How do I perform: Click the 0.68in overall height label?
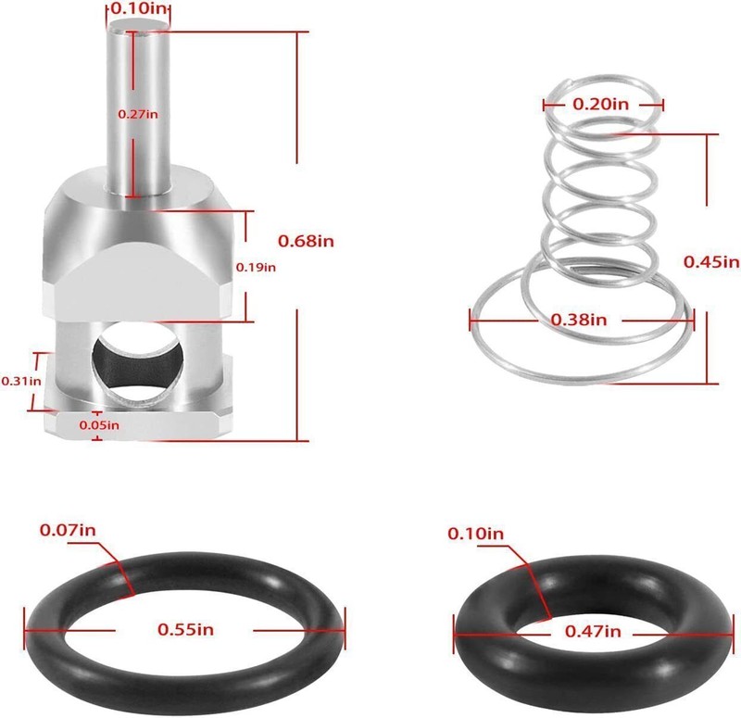click(x=306, y=241)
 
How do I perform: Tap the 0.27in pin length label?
click(x=138, y=113)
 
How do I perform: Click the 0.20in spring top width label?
click(x=601, y=104)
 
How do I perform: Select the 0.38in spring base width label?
click(x=579, y=320)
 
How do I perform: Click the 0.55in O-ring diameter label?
click(x=185, y=629)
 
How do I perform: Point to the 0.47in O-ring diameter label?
click(x=593, y=632)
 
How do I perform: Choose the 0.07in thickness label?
click(x=68, y=530)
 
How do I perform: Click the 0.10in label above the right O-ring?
click(x=476, y=534)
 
